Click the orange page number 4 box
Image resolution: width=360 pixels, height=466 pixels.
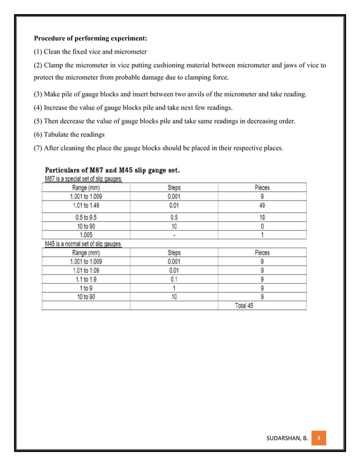point(319,438)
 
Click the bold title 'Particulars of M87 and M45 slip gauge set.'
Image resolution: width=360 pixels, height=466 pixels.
point(112,170)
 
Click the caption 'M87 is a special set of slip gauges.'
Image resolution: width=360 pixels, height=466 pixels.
point(84,179)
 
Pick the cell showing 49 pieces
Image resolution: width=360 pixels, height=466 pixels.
point(262,206)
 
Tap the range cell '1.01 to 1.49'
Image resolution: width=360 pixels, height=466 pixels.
point(86,206)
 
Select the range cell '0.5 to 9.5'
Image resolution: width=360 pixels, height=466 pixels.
point(86,217)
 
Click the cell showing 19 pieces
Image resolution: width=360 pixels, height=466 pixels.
point(262,217)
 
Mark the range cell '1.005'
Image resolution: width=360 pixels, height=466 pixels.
point(86,235)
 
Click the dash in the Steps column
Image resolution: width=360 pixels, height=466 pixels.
point(174,235)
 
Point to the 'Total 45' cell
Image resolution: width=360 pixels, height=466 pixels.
point(244,306)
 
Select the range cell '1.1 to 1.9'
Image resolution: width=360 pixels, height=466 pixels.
point(86,279)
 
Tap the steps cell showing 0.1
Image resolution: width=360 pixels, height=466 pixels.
point(174,279)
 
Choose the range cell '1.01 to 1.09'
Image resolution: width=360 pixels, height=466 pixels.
point(86,270)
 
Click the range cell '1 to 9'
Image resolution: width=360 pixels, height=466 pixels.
point(86,288)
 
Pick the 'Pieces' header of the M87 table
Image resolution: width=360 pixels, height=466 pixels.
point(262,187)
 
